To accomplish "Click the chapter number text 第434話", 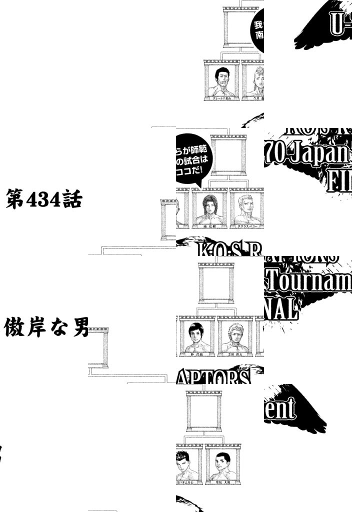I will pos(43,201).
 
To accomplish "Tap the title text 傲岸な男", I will pos(46,328).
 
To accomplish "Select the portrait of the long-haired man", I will pos(209,209).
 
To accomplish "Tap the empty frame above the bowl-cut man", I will pos(216,282).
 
